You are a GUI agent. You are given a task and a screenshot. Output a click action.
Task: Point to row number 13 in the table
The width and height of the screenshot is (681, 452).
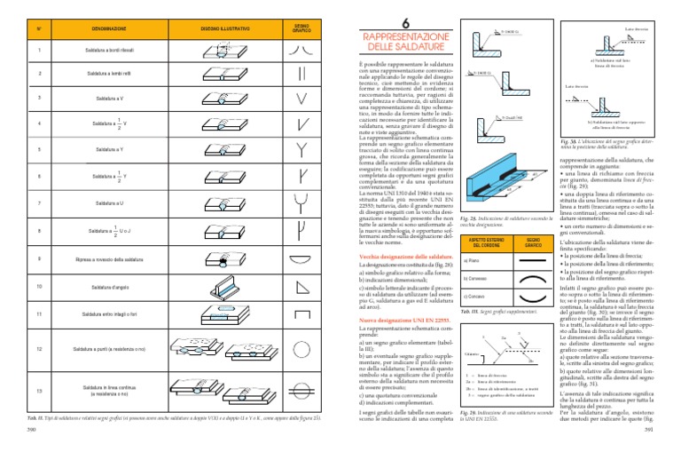[40, 391]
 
